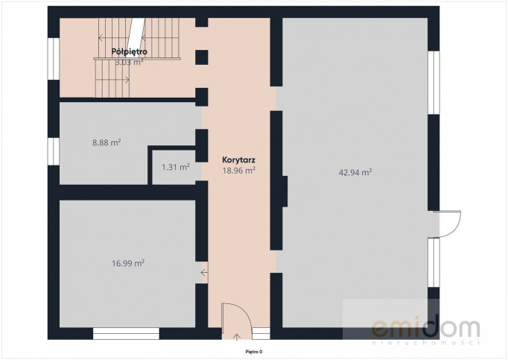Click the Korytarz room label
239,160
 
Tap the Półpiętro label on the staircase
130,51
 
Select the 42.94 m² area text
355,172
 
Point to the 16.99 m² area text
128,263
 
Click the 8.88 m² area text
107,142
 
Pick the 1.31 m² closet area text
176,167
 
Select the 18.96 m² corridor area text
239,170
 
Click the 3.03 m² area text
130,63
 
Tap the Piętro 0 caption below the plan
254,352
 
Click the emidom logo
425,330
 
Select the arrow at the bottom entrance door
237,338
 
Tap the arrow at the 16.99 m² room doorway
204,273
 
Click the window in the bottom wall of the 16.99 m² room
126,333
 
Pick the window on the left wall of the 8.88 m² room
54,151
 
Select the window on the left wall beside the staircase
54,59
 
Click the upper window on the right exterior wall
434,83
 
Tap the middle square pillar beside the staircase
202,57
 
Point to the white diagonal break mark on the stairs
136,34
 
